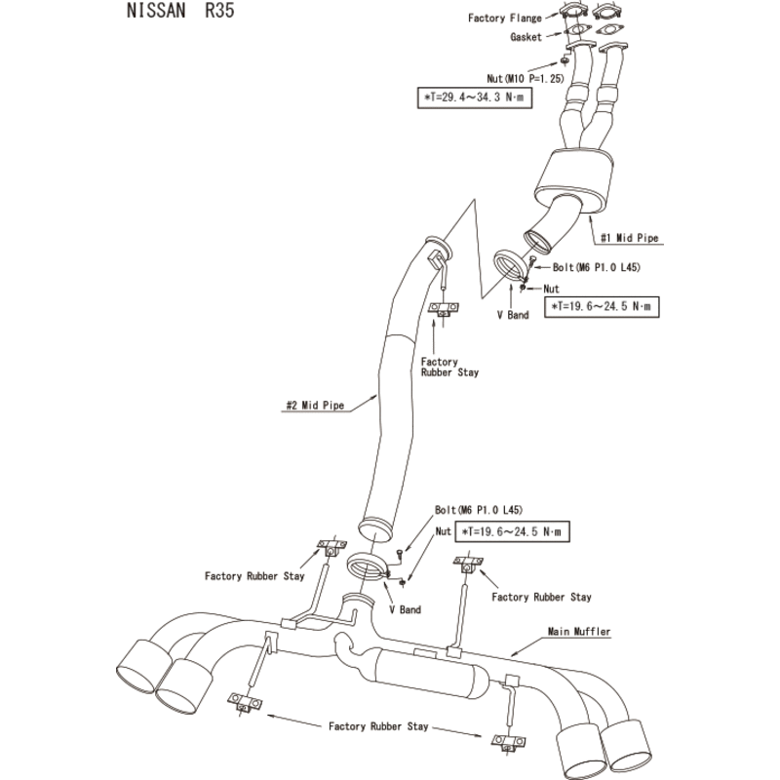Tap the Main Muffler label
[x=579, y=632]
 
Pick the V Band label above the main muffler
[x=404, y=609]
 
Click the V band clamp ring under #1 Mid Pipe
[x=510, y=266]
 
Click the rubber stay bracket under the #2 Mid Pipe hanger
[x=445, y=310]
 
